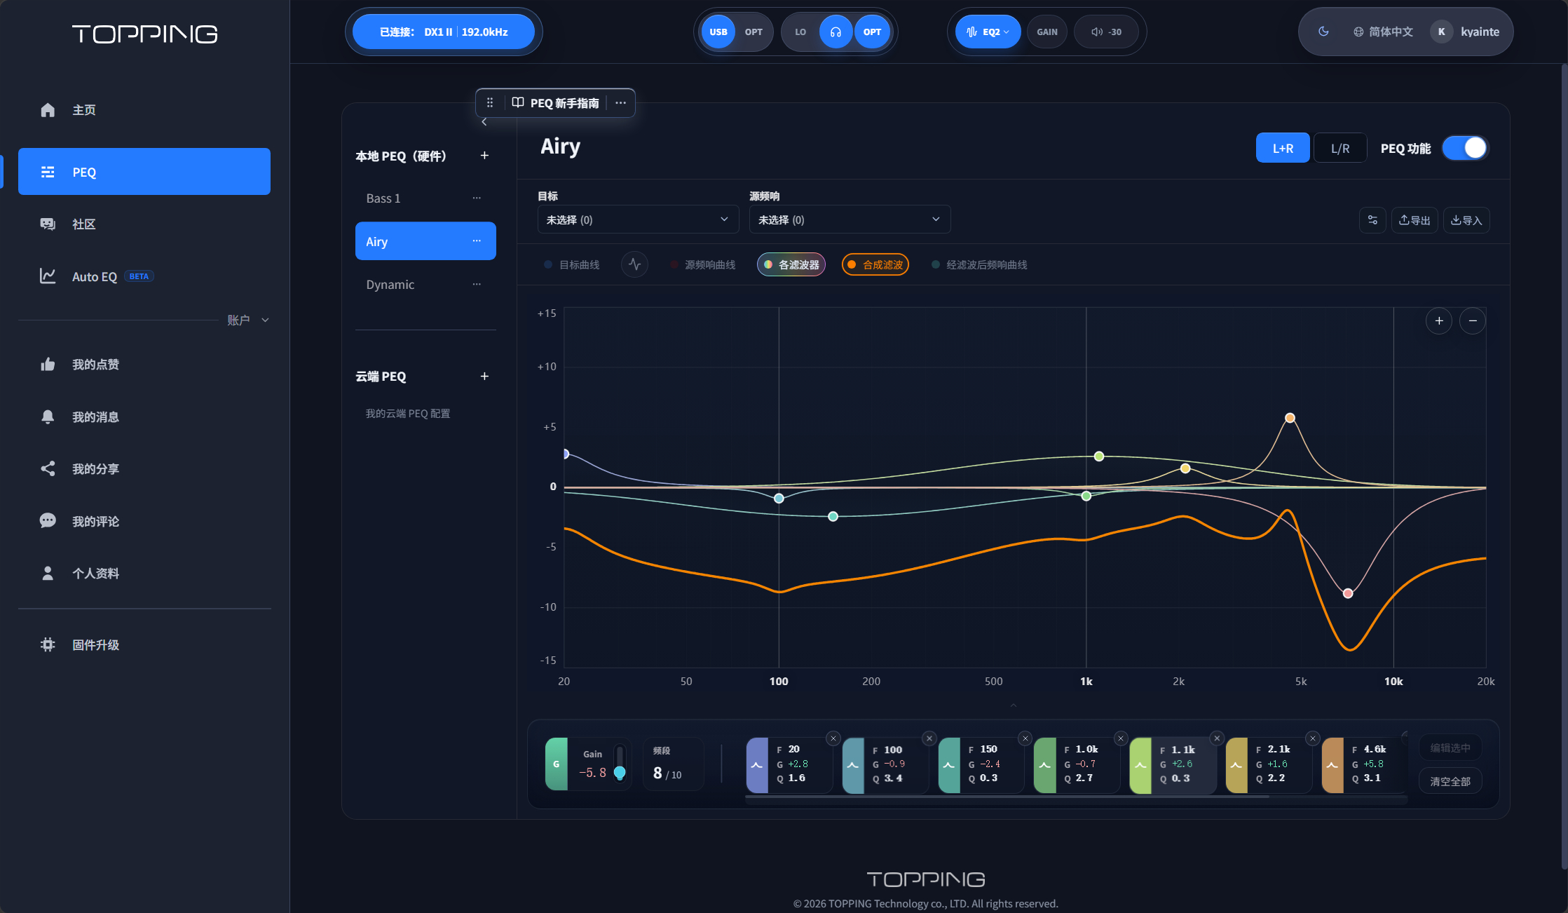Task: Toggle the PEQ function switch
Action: (1465, 148)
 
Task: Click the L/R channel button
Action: (1339, 148)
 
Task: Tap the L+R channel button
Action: (1283, 148)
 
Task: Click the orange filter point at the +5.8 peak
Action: (1290, 418)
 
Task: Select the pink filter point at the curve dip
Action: (1348, 593)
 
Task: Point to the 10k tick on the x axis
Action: (1393, 682)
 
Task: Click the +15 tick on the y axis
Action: (547, 313)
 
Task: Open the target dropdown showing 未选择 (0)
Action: (638, 219)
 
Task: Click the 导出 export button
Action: (1414, 220)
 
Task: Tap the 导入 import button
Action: (1466, 220)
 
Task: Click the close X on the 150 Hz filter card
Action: (1025, 738)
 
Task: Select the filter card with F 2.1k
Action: (1269, 765)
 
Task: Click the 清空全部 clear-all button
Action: (1450, 781)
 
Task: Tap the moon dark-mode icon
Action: (1323, 32)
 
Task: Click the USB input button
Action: (718, 32)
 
